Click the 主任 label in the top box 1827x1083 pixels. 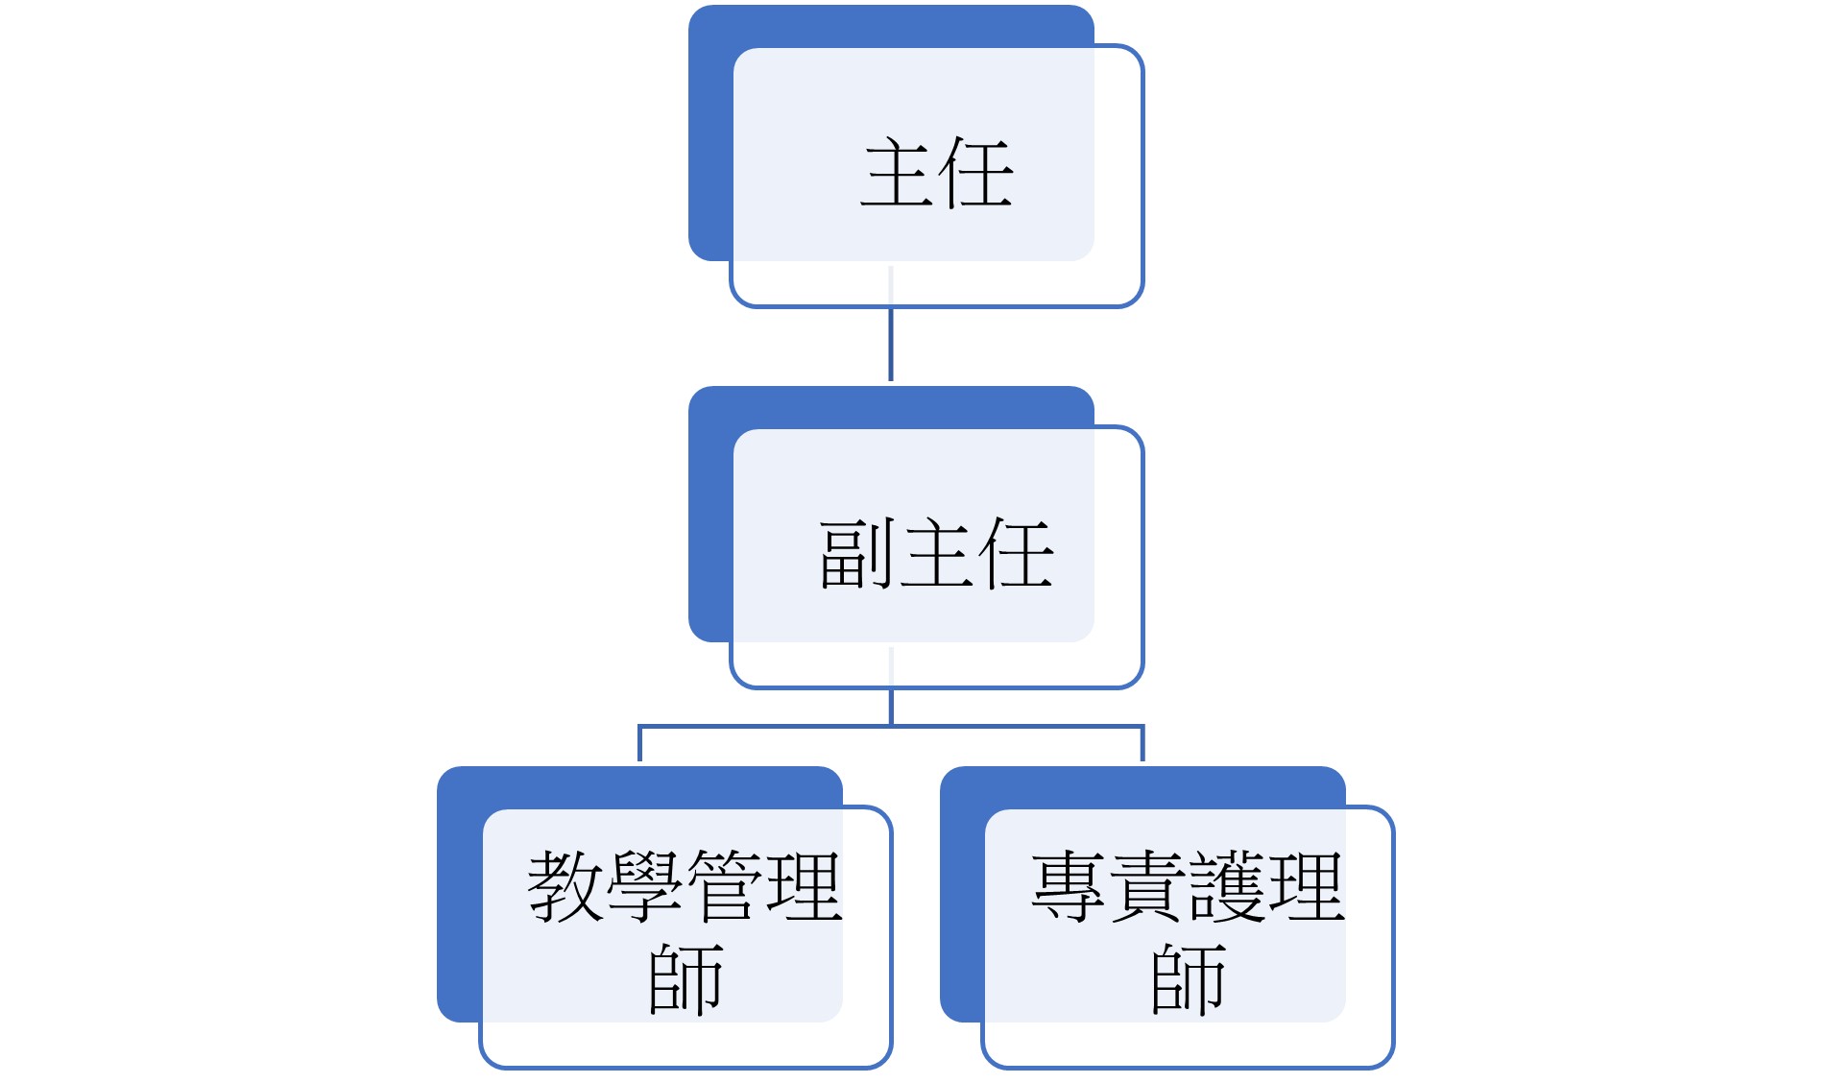coord(937,173)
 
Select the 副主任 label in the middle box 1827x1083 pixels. coord(937,554)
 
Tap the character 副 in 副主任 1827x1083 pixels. coord(857,554)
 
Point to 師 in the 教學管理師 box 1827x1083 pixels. coord(685,979)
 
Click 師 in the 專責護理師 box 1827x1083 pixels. coord(1189,979)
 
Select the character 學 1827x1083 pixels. coord(645,887)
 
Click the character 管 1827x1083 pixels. coord(725,887)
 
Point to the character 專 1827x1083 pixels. coord(1070,887)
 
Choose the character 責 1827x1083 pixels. coord(1148,887)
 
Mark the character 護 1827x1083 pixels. coord(1228,887)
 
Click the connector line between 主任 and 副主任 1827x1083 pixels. coord(891,324)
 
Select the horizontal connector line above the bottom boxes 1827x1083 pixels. coord(891,727)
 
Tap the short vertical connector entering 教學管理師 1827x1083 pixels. coord(639,744)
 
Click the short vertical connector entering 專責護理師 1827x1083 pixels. coord(1142,744)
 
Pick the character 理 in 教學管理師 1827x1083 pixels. coord(805,887)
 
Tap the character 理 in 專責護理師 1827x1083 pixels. coord(1307,887)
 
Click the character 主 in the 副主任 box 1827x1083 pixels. coord(937,554)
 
